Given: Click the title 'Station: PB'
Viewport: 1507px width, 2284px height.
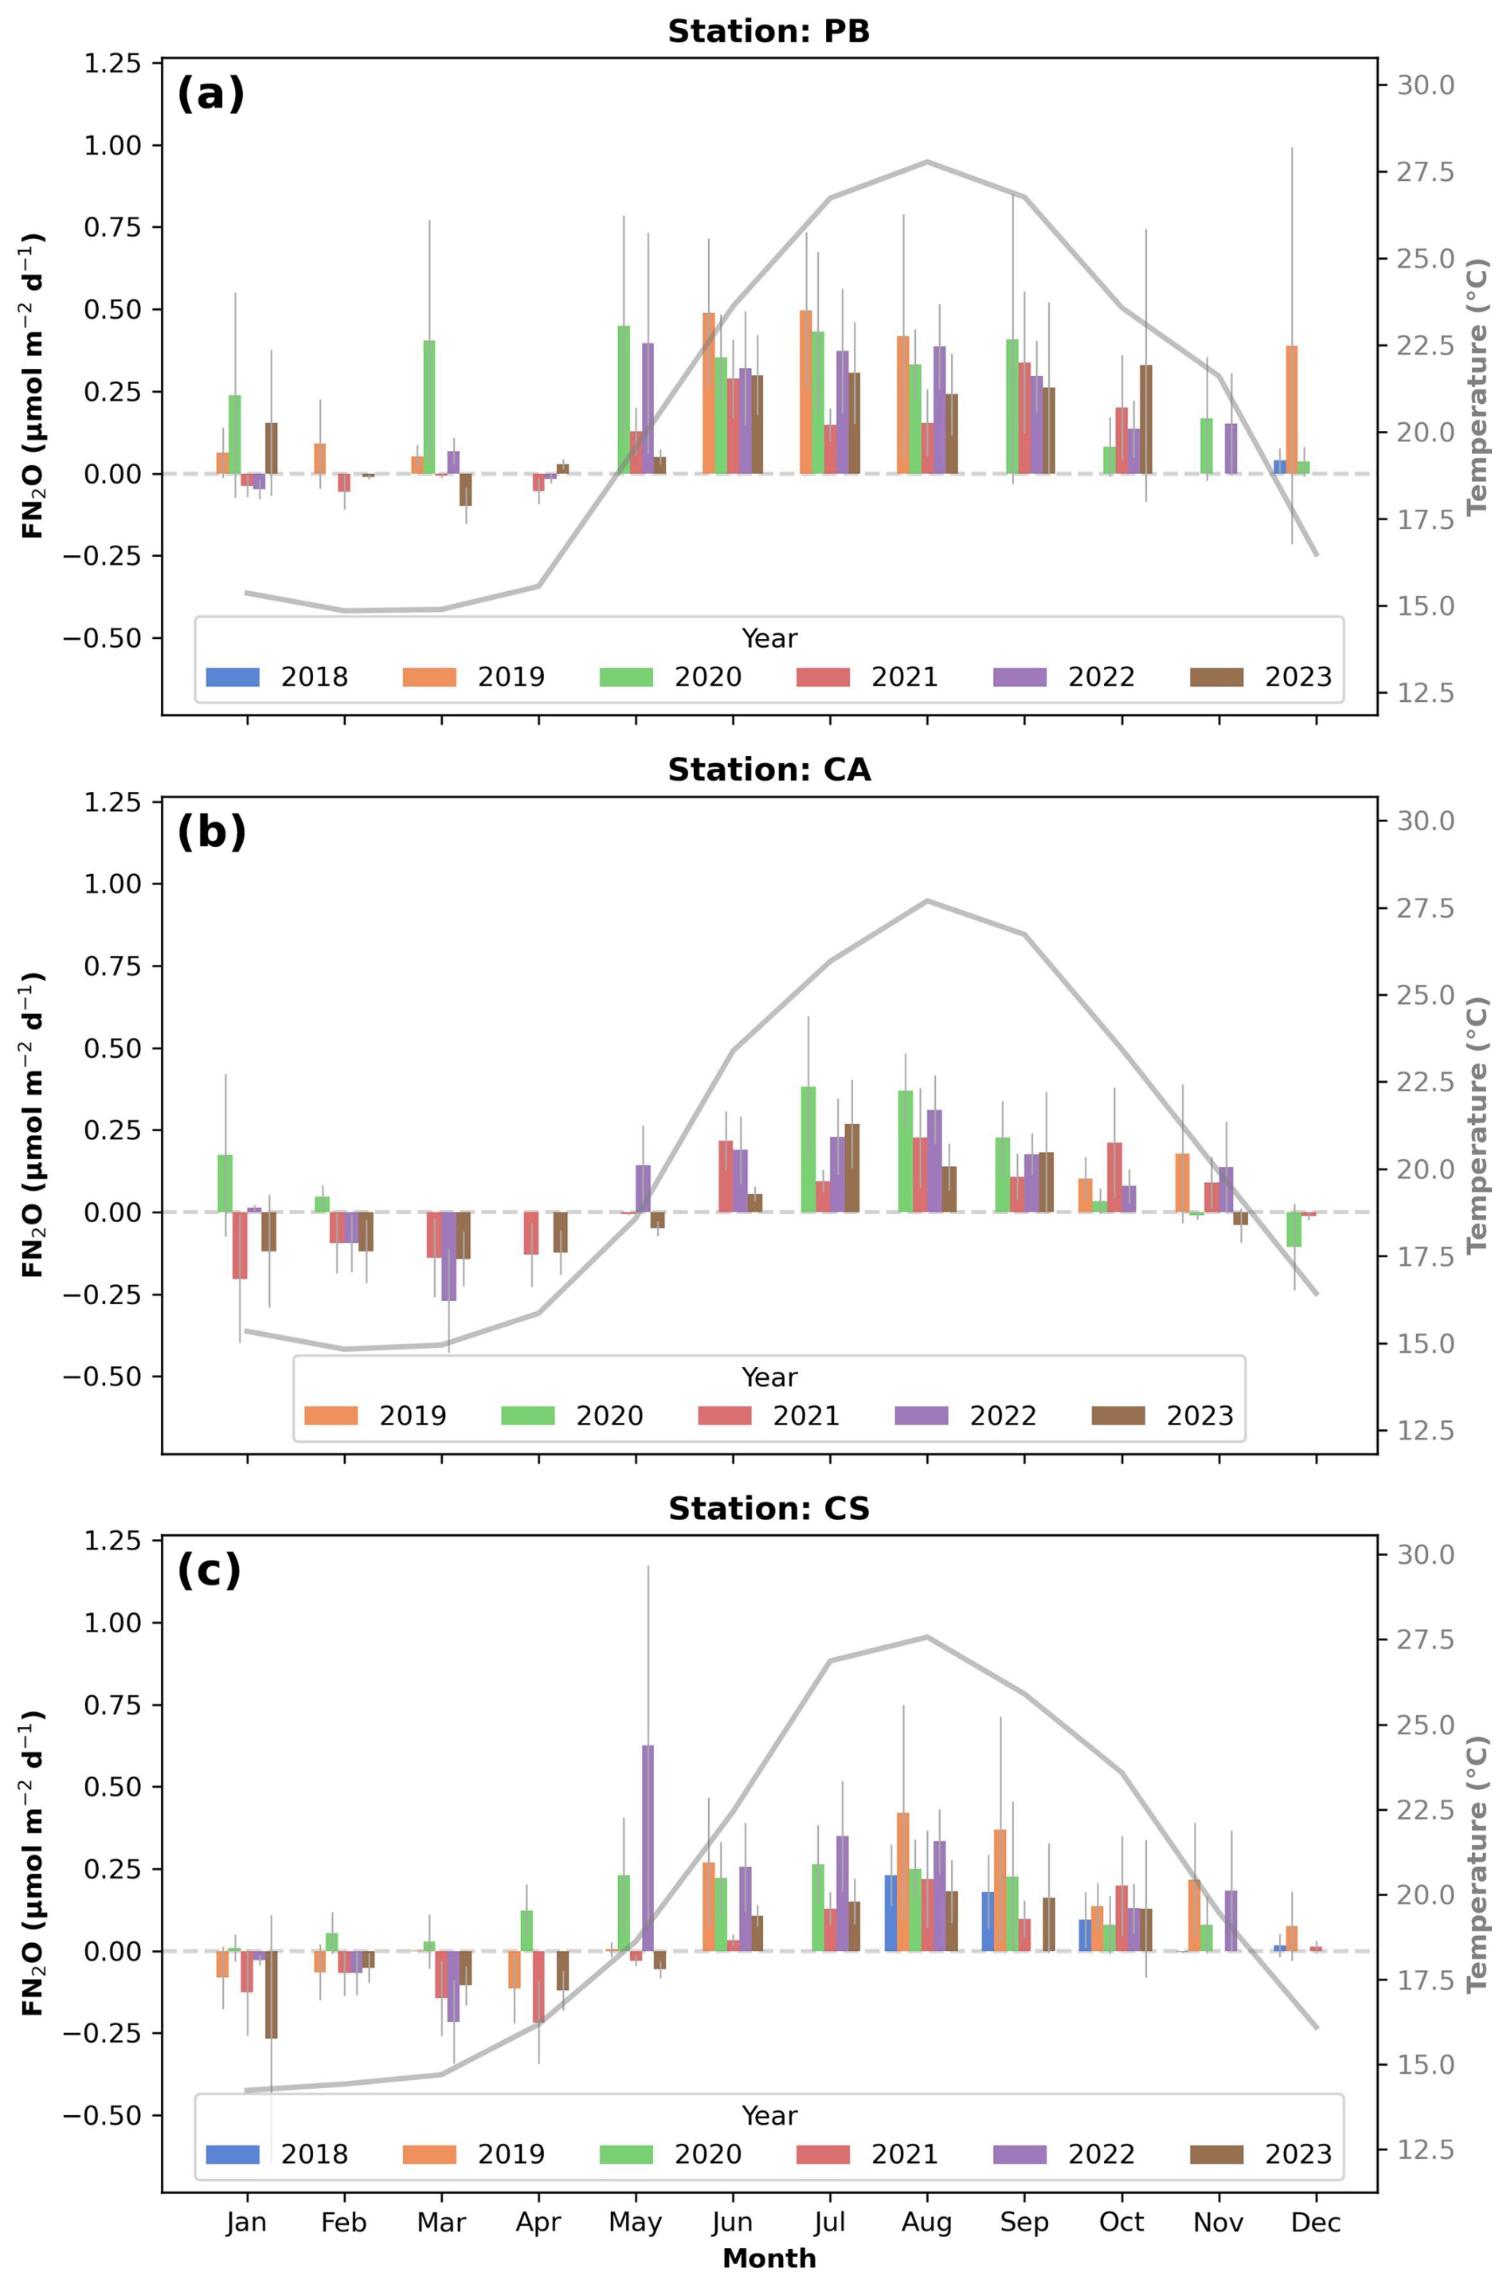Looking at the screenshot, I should pyautogui.click(x=769, y=32).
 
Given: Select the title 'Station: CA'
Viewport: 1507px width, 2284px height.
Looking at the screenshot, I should pyautogui.click(x=769, y=770).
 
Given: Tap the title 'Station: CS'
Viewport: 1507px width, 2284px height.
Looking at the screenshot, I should pyautogui.click(x=769, y=1509).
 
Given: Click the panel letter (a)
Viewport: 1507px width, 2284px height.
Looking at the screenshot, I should pyautogui.click(x=211, y=94).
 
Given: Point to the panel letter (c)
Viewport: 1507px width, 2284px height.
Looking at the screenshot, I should pyautogui.click(x=209, y=1571).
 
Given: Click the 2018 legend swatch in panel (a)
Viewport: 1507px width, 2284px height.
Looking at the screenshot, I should pyautogui.click(x=233, y=676).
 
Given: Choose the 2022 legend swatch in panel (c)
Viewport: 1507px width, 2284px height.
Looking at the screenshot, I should pyautogui.click(x=1020, y=2154).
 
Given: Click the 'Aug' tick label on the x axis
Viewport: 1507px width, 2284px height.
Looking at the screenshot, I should pyautogui.click(x=926, y=2223).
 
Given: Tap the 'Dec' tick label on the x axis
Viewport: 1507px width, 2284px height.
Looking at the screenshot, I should pyautogui.click(x=1316, y=2223).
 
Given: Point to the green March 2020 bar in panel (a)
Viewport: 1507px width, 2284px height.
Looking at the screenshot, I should pyautogui.click(x=429, y=408).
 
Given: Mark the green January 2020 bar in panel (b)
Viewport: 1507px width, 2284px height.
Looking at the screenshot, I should pyautogui.click(x=225, y=1183).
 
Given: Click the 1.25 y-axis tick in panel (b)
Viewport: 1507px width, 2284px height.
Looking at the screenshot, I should pyautogui.click(x=112, y=801).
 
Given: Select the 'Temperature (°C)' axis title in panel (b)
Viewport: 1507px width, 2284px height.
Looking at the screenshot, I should pyautogui.click(x=1478, y=1125).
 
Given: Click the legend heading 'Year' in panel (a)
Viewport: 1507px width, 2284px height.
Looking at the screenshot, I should pyautogui.click(x=769, y=638).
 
